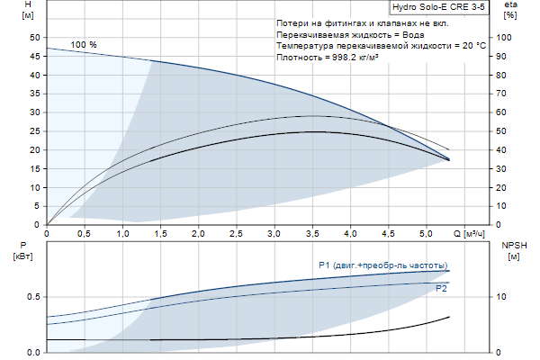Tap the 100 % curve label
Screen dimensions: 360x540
[x=84, y=45]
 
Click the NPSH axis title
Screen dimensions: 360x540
[x=513, y=249]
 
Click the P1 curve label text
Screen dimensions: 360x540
[x=382, y=265]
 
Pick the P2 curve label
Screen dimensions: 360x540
[x=441, y=289]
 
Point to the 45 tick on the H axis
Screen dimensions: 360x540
[x=34, y=56]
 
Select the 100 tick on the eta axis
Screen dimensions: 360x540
[x=510, y=38]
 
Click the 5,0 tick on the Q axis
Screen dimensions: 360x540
[x=425, y=234]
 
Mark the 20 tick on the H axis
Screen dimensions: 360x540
[x=34, y=149]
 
